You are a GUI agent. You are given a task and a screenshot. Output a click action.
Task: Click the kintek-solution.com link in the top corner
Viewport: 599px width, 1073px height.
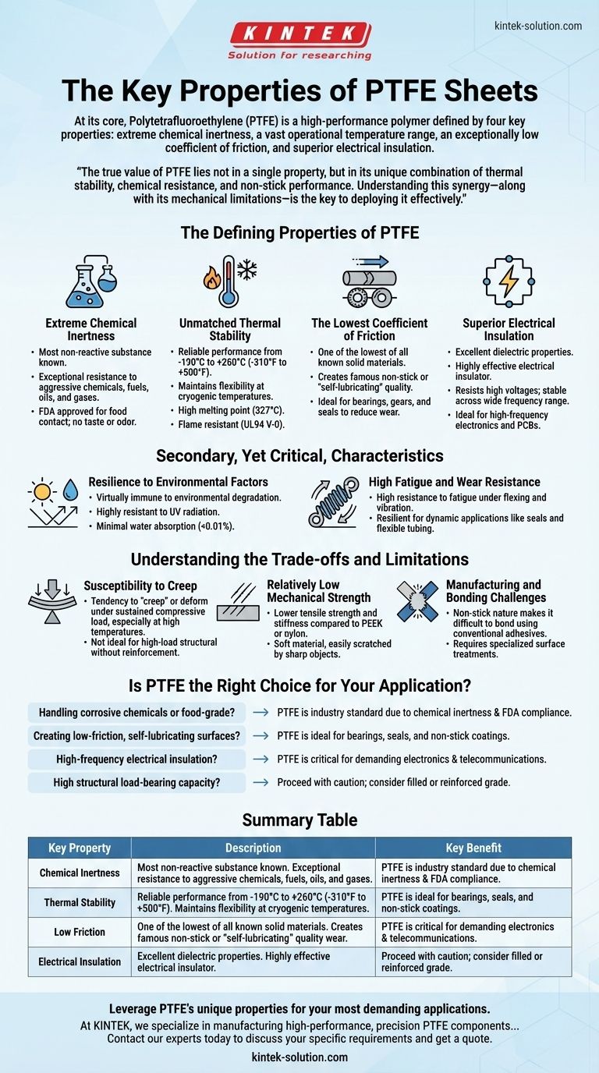click(538, 26)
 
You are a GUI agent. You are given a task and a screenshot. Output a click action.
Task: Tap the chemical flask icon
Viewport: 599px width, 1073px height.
click(91, 280)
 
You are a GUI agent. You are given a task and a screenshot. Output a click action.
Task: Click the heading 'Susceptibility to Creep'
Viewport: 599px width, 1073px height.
click(140, 585)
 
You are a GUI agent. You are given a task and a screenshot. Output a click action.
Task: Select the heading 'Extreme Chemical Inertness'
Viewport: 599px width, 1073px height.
click(91, 329)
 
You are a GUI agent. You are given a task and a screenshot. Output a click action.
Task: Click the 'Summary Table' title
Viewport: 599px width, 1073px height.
click(299, 820)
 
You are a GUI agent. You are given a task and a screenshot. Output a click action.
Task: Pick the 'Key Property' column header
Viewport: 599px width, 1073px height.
click(80, 848)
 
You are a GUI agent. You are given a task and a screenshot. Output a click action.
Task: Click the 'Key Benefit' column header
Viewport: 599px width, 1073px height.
click(473, 848)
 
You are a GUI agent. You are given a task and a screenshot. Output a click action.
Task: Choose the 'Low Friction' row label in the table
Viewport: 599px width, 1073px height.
click(80, 932)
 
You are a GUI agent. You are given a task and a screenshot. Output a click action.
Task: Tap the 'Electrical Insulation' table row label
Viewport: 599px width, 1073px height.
click(80, 961)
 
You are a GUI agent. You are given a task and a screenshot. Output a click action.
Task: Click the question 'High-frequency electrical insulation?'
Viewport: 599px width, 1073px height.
click(136, 759)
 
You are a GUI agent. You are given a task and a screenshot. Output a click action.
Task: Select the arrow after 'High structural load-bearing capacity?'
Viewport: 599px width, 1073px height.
click(261, 782)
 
